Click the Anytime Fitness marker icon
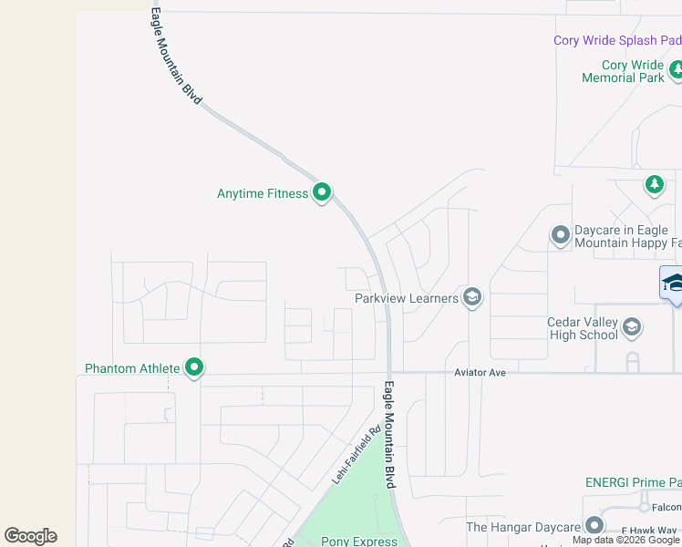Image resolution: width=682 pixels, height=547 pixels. click(x=321, y=193)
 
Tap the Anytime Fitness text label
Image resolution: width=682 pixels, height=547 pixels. click(x=263, y=193)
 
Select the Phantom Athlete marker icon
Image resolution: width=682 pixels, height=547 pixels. click(x=194, y=368)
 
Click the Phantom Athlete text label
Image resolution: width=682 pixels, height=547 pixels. click(x=132, y=368)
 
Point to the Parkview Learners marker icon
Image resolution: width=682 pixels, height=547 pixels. click(x=471, y=298)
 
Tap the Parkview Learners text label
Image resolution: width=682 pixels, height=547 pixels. click(x=406, y=298)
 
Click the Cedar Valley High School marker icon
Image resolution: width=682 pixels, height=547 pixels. click(x=632, y=326)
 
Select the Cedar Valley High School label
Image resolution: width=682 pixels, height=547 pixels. click(x=583, y=328)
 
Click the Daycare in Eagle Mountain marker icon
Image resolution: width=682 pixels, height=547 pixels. click(x=560, y=237)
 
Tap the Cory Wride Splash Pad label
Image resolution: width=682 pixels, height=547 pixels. click(x=617, y=40)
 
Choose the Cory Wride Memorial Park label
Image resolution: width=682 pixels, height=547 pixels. click(x=624, y=71)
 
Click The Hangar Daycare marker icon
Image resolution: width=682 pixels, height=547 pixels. click(x=594, y=526)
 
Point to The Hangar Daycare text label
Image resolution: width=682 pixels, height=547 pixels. click(x=523, y=527)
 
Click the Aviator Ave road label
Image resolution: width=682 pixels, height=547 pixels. click(x=480, y=372)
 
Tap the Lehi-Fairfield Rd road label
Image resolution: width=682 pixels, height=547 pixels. click(x=356, y=456)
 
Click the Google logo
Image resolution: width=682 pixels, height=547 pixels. click(x=30, y=535)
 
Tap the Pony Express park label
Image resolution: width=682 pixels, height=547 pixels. click(x=359, y=541)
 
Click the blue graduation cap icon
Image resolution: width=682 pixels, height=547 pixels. click(x=674, y=283)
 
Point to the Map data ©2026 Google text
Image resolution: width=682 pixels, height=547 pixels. click(x=625, y=540)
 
